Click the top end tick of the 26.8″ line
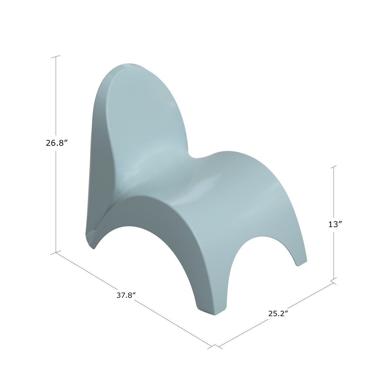point(56,57)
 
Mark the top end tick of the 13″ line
point(334,167)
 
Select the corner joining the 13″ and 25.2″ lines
point(334,281)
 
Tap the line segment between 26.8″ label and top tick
point(56,99)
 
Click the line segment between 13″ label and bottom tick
point(334,255)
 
